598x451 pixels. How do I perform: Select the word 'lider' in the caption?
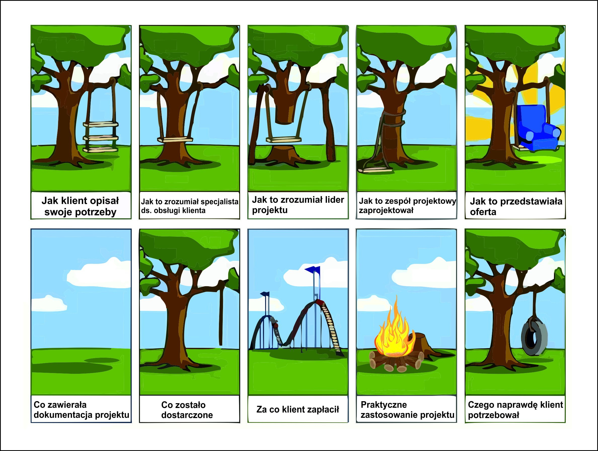334,200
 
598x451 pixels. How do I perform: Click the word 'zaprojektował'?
386,211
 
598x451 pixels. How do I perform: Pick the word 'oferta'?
483,212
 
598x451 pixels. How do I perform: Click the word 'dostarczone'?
187,415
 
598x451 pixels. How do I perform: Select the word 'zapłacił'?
324,410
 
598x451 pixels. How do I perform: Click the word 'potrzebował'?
493,415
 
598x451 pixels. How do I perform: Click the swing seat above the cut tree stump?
284,140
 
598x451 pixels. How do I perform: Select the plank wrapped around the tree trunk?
175,140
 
